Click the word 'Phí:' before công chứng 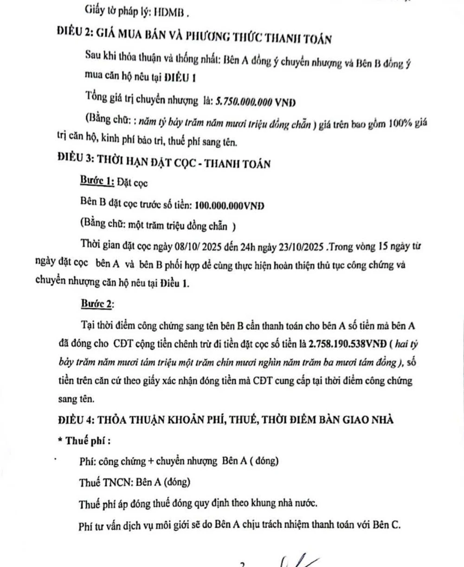(88, 461)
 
